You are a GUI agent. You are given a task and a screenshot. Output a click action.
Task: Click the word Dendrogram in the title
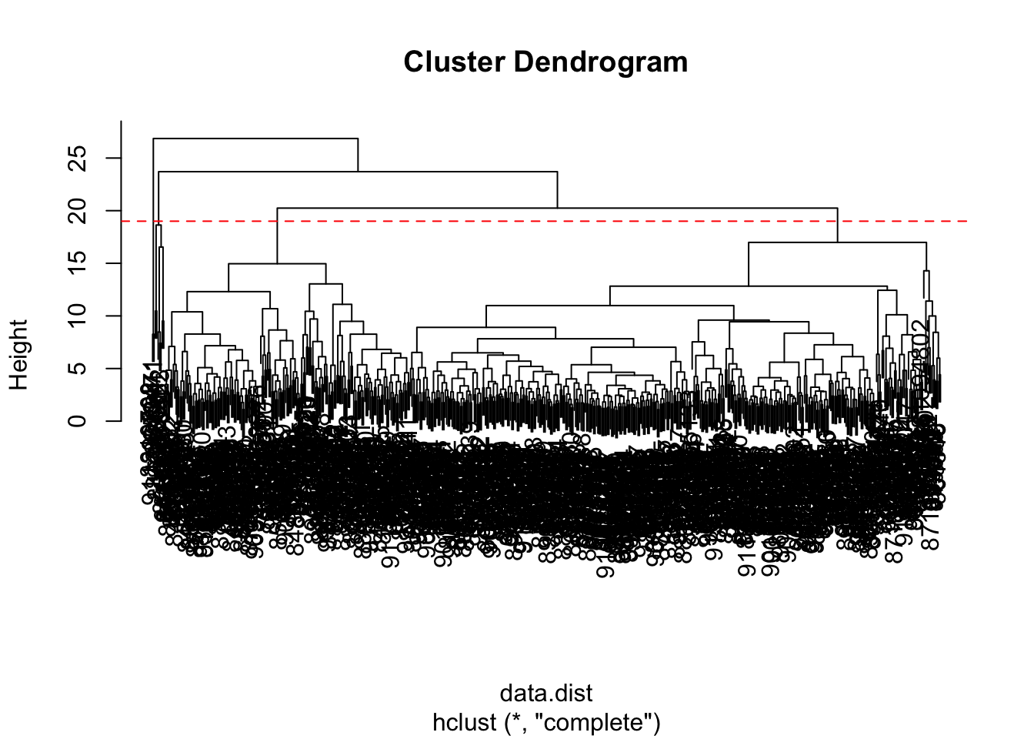pyautogui.click(x=600, y=62)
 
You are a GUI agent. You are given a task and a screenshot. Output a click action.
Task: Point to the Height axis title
pyautogui.click(x=18, y=355)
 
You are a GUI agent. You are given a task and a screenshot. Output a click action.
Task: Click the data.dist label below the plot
pyautogui.click(x=546, y=693)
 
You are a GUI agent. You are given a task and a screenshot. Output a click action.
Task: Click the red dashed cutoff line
pyautogui.click(x=539, y=222)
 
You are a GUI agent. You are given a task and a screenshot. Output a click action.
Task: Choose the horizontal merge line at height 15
pyautogui.click(x=277, y=263)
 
